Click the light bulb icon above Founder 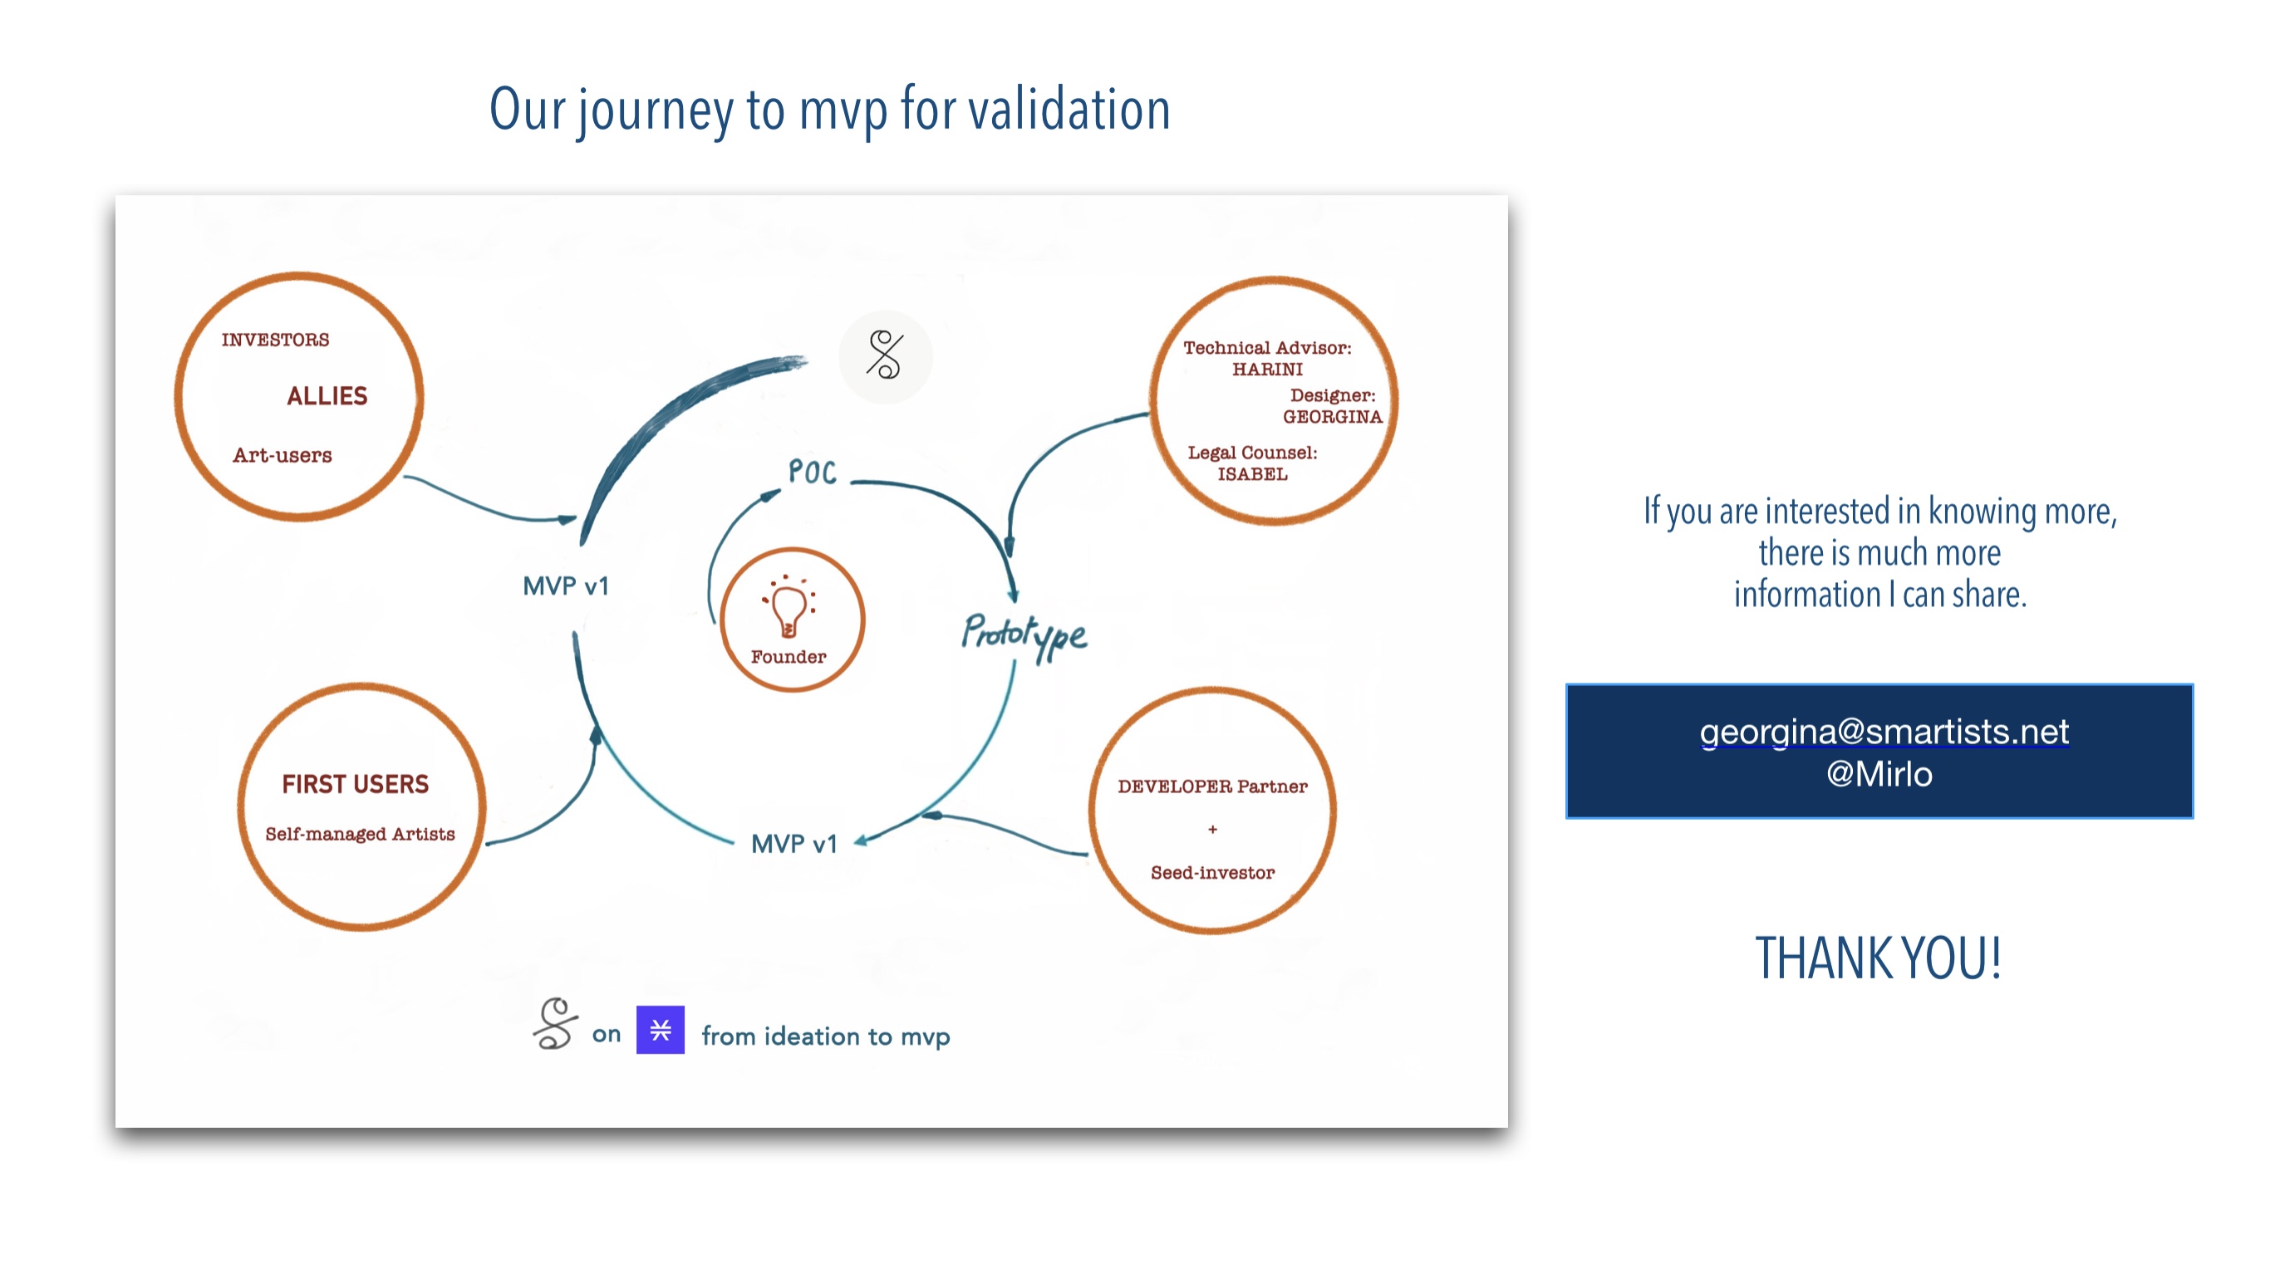(x=789, y=606)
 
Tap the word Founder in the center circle (x=789, y=657)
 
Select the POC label (x=813, y=473)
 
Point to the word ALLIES (x=327, y=396)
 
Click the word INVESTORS (x=276, y=340)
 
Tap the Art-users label (x=283, y=455)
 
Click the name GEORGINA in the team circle (x=1333, y=417)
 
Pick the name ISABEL (x=1252, y=475)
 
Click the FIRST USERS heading (x=355, y=784)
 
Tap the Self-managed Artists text (x=361, y=835)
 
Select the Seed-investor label (x=1212, y=873)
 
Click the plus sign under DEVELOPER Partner (x=1212, y=829)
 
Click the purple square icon (x=661, y=1030)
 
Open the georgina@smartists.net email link (x=1884, y=733)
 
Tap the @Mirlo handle (x=1879, y=774)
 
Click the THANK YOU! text (x=1879, y=958)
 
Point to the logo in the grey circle (x=885, y=356)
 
